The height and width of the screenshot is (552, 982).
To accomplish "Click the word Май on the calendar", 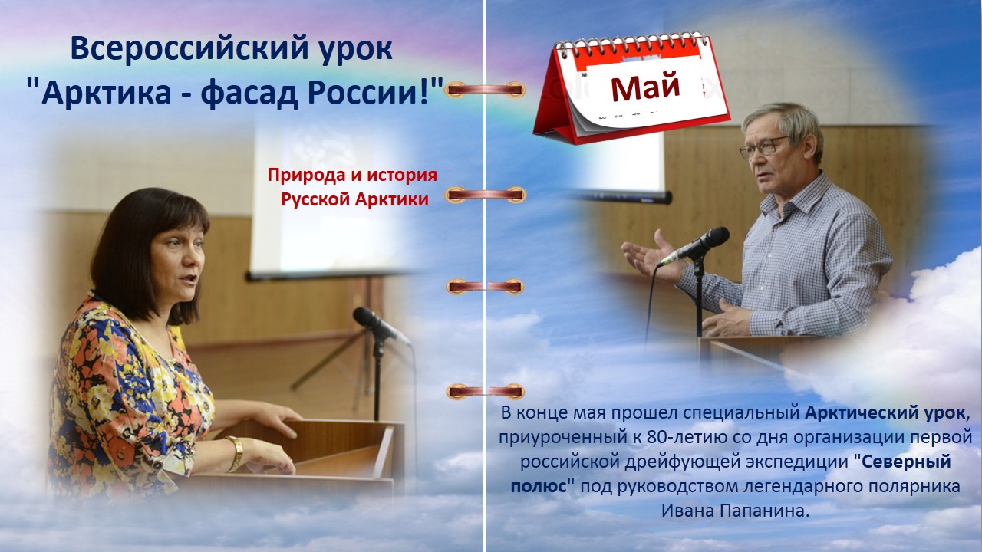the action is click(645, 87).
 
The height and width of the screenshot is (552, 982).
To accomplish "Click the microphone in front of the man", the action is click(694, 246).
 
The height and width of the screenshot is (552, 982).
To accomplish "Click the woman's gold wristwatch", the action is click(236, 454).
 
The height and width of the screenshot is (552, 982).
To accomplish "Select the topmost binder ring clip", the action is click(484, 90).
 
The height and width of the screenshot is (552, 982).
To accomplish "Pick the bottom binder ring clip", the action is click(485, 391).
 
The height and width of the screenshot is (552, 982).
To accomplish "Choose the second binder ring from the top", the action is click(485, 195).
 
